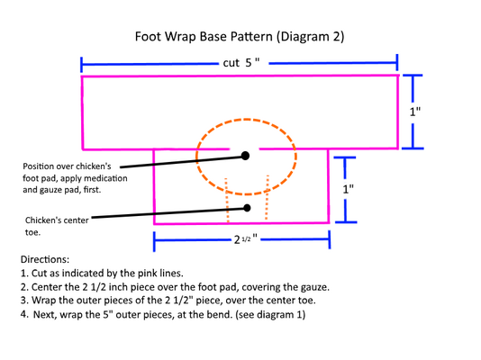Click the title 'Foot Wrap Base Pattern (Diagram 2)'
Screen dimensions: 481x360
240,37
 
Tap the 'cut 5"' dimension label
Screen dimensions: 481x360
241,63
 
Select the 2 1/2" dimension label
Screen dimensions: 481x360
245,239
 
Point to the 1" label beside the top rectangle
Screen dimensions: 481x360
415,112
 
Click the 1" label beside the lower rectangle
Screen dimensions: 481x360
348,189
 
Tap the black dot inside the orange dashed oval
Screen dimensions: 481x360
245,156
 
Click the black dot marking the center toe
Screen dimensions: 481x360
247,208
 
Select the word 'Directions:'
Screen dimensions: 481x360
45,259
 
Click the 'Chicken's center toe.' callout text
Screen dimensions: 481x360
57,226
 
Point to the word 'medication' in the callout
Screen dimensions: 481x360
105,178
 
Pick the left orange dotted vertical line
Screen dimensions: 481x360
227,200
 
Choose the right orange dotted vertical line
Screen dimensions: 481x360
267,197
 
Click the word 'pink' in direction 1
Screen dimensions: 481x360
146,274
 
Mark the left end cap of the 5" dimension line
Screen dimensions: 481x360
81,65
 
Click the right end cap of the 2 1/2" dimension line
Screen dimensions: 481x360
330,239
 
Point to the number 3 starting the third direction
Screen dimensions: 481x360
23,301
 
